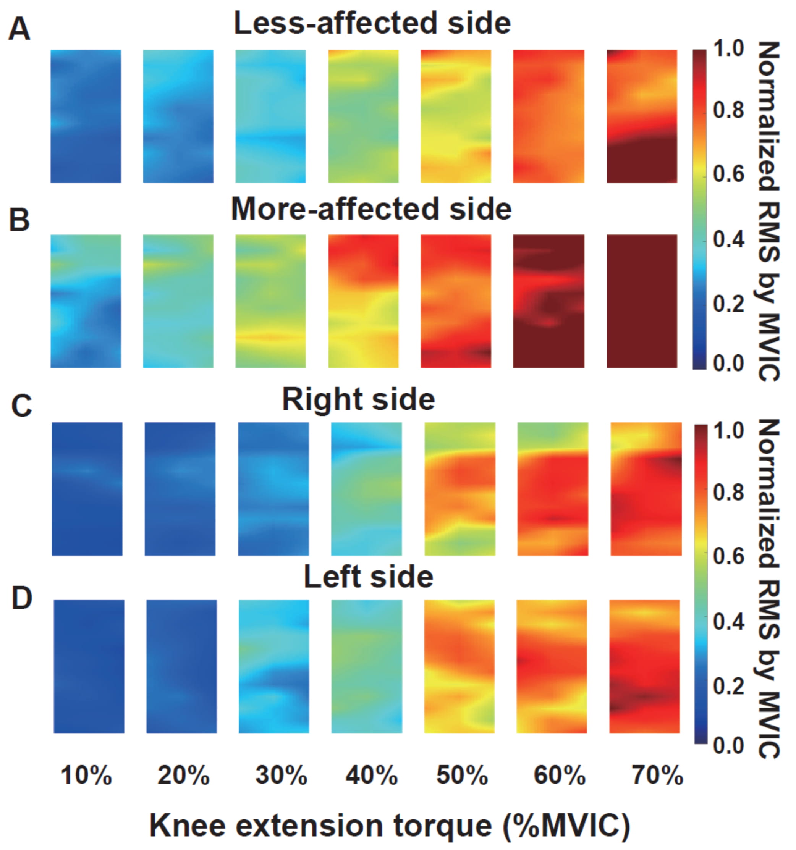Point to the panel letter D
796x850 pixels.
(x=21, y=598)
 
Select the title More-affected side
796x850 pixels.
(x=371, y=210)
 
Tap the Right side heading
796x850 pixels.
(x=358, y=400)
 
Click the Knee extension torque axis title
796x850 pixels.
(x=390, y=825)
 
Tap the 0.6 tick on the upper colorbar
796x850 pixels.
(x=728, y=174)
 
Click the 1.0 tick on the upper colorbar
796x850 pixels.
(x=728, y=48)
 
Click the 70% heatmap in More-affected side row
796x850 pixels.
(x=642, y=301)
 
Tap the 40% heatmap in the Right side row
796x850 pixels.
(x=367, y=489)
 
